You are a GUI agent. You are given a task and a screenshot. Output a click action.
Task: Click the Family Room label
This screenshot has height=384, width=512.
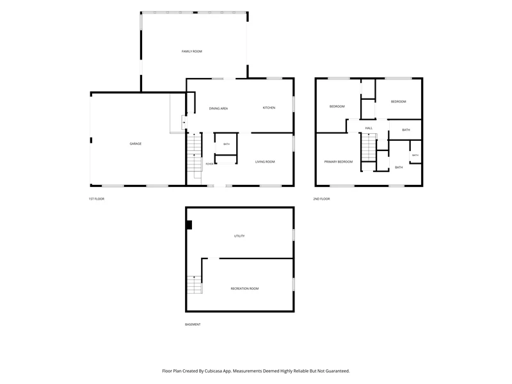pos(191,51)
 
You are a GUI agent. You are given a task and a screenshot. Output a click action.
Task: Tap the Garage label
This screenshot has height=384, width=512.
pos(136,143)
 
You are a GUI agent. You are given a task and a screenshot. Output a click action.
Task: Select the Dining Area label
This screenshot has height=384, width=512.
pos(218,108)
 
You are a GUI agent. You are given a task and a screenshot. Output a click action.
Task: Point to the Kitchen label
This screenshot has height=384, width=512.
pos(269,108)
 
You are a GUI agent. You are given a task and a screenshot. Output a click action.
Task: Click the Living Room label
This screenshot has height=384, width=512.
pos(265,162)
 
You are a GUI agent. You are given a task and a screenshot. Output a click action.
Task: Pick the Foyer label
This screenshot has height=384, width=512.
pos(209,164)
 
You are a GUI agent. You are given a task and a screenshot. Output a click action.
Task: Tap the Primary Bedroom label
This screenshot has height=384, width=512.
pos(339,162)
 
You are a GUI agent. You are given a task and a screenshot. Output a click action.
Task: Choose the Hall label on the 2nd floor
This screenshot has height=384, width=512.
pos(369,128)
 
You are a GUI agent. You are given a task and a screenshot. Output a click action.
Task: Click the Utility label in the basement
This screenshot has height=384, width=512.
pos(239,236)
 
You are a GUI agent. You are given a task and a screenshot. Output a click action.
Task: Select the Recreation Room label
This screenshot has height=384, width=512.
pos(244,289)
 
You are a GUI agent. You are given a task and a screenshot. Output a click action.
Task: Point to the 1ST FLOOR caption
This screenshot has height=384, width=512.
pos(97,199)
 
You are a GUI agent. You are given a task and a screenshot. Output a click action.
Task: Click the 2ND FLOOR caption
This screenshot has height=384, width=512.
pos(322,199)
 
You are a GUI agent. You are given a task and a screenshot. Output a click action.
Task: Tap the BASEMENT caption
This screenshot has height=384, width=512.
pos(193,324)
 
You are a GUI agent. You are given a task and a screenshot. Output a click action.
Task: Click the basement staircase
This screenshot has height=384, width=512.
pos(195,285)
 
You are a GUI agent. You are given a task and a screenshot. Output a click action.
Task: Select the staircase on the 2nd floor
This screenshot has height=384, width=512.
pos(369,147)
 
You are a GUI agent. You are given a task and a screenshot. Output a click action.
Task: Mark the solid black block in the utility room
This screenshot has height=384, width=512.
pos(189,225)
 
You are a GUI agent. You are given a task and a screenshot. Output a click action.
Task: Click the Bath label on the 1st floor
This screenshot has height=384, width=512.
pos(227,144)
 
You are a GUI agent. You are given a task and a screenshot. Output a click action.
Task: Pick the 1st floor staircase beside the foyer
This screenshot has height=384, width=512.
pos(195,156)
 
